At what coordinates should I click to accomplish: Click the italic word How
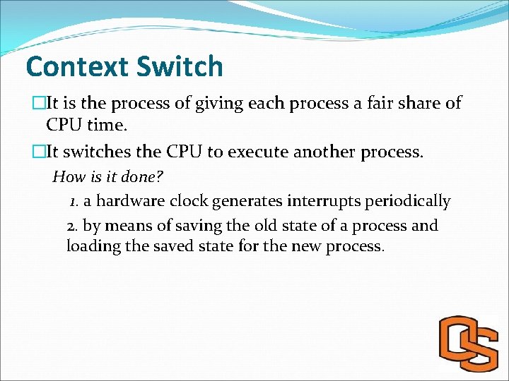coord(68,176)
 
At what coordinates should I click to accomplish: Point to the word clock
coord(188,201)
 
